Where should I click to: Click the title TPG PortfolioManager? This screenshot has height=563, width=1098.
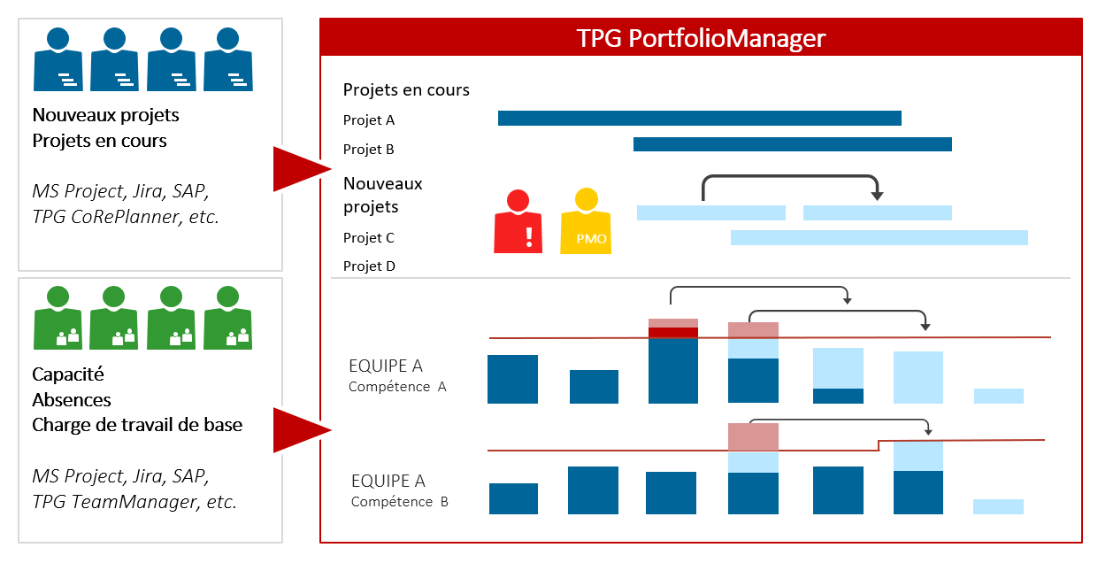tap(700, 39)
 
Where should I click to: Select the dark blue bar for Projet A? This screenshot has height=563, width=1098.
tap(699, 118)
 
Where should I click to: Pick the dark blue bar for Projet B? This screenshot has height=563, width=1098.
tap(792, 144)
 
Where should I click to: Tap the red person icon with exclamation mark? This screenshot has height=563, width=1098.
tap(518, 222)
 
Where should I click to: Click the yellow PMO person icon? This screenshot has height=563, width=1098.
tap(585, 222)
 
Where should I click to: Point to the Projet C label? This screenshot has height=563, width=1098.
tap(369, 238)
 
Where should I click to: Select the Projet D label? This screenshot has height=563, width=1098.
tap(369, 266)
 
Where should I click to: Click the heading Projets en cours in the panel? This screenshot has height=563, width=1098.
tap(406, 89)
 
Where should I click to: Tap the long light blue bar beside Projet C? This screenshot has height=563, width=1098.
tap(879, 237)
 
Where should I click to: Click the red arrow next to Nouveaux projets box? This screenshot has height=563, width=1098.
tap(299, 168)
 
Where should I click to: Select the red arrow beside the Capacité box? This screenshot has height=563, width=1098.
tap(299, 430)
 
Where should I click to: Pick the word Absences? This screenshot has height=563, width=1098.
tap(72, 399)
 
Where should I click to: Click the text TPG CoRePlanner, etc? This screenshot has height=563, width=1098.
tap(125, 216)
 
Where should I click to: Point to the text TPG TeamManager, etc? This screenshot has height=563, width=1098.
tap(134, 502)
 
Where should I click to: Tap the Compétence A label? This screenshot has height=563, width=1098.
tap(397, 386)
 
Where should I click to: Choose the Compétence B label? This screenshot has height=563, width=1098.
tap(399, 502)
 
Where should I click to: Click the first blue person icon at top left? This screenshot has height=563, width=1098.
tap(58, 59)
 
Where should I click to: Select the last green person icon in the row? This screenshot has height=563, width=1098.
tap(228, 318)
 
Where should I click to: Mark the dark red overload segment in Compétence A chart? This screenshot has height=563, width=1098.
tap(673, 333)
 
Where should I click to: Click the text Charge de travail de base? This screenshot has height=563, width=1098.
tap(137, 425)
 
